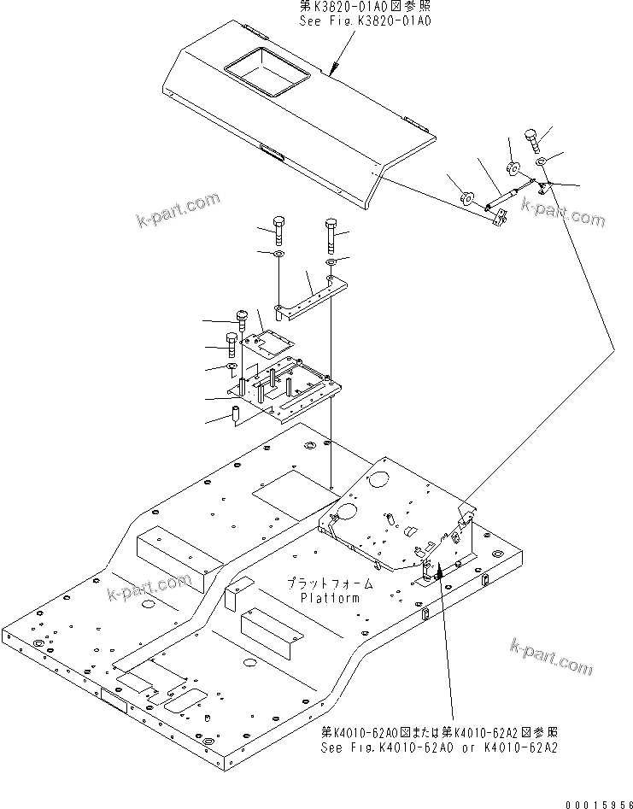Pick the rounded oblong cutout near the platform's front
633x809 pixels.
click(186, 701)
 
